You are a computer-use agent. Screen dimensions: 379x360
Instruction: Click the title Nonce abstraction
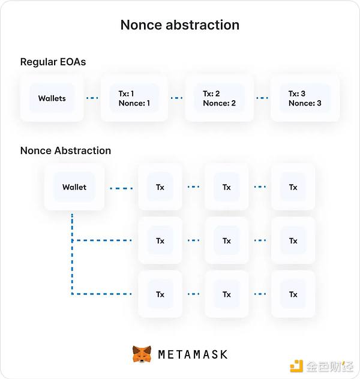coord(179,25)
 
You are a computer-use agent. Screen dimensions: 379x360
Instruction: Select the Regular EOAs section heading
coord(53,62)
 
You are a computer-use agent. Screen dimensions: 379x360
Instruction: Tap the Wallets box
coord(52,98)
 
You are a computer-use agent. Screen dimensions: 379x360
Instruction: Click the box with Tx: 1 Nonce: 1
coord(134,98)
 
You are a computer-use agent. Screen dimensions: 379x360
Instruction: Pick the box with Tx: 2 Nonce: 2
coord(219,98)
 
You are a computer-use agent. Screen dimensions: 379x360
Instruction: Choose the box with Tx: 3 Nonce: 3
coord(305,98)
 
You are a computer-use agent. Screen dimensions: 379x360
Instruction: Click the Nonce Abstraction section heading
coord(65,151)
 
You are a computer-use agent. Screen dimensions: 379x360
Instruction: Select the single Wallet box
coord(74,187)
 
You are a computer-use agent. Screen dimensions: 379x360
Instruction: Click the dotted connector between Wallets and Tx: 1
coord(92,98)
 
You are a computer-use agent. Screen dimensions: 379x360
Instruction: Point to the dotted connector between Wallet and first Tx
coord(121,188)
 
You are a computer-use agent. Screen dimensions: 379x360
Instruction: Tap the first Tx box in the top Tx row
coord(160,187)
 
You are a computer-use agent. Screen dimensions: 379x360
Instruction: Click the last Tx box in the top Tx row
coord(293,187)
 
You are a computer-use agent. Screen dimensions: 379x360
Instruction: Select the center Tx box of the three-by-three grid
coord(226,240)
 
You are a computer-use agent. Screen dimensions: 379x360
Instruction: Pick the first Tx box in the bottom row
coord(160,294)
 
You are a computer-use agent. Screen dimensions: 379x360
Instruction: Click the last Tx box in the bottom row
coord(293,294)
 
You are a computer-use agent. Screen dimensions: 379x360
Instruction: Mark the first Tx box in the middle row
coord(160,240)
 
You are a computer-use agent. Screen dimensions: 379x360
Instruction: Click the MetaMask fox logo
coord(142,354)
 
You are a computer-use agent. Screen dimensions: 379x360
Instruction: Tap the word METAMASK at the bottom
coord(193,354)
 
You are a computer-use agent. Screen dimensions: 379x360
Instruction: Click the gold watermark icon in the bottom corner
coord(296,366)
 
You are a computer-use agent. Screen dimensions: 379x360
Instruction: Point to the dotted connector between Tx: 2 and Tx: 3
coord(262,98)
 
